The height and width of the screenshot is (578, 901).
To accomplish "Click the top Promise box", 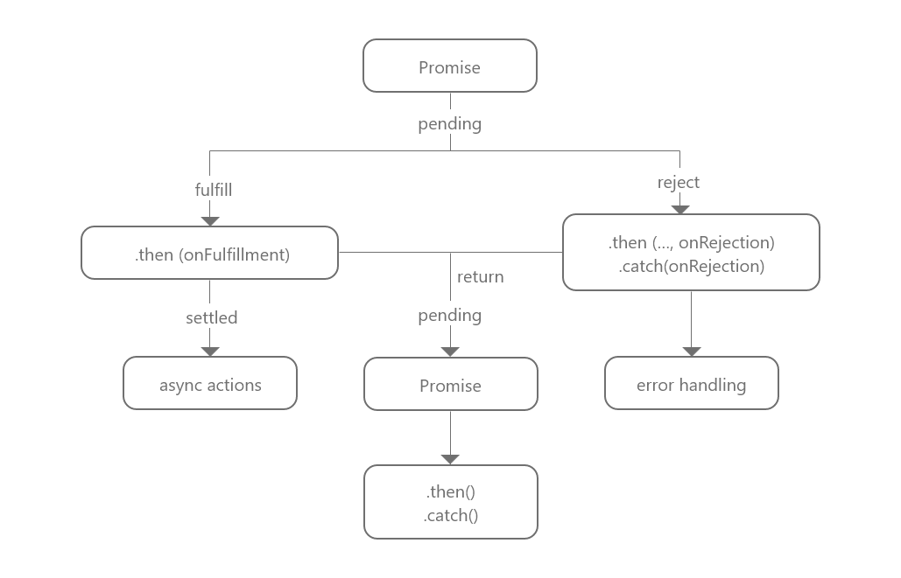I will coord(449,66).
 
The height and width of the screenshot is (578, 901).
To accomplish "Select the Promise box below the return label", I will coord(450,384).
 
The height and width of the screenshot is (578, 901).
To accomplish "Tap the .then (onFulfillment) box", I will coord(209,254).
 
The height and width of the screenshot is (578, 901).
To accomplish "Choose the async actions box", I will coord(210,384).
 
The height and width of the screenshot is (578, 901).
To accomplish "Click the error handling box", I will coord(691,384).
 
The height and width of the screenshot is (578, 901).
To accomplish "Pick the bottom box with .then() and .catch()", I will coord(450,502).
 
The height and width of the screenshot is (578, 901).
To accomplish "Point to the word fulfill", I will coord(213,189).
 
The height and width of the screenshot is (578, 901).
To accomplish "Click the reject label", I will coord(679,182).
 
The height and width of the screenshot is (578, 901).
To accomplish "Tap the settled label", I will coord(211,317).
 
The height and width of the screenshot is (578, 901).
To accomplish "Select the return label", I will coord(480,276).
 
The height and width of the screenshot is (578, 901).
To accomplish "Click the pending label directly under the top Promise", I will coord(449,123).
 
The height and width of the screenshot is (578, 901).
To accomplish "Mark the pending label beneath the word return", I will coord(449,315).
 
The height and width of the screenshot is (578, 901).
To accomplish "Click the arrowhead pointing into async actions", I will coord(210,352).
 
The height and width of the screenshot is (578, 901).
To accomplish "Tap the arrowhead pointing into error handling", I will coord(692,352).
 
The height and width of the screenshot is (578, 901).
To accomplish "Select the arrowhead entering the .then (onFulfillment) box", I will coord(210,221).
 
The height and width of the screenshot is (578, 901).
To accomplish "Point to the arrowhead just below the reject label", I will coord(680,209).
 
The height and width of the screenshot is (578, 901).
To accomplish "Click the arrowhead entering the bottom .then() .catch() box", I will coord(450,459).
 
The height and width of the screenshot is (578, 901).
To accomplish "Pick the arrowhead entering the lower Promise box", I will coord(450,352).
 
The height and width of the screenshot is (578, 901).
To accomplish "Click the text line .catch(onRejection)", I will coord(691,266).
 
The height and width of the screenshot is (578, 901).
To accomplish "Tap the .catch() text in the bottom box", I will coord(450,515).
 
